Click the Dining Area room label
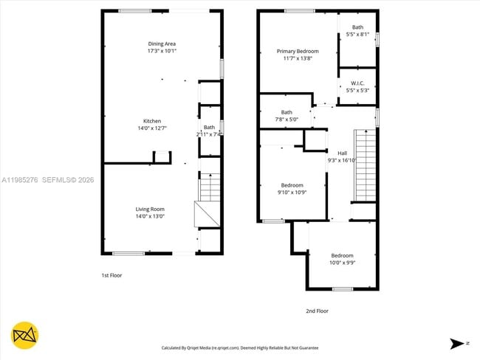click(x=162, y=44)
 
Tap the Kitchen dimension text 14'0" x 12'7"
click(x=151, y=128)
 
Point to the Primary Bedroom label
click(x=298, y=51)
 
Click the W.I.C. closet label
click(x=357, y=83)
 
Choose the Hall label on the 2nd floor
click(x=342, y=153)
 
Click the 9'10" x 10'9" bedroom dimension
click(x=292, y=192)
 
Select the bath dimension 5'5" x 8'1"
click(x=357, y=35)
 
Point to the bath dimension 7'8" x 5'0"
click(x=286, y=120)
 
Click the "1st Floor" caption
click(x=112, y=275)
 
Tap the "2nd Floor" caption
click(x=317, y=311)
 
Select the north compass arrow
click(x=458, y=343)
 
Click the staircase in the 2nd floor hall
click(x=365, y=165)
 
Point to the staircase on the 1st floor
click(x=210, y=187)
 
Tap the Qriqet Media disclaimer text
click(x=240, y=347)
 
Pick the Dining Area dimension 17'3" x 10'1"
click(x=162, y=51)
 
